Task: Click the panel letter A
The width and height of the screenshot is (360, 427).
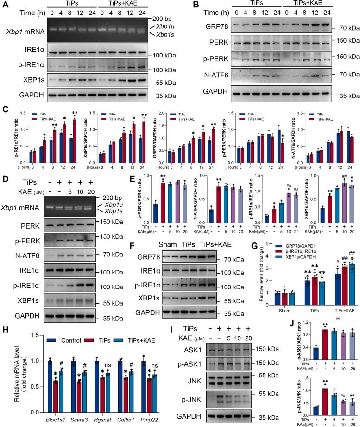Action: coord(5,5)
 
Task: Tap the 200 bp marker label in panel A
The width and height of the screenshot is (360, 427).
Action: coord(161,20)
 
